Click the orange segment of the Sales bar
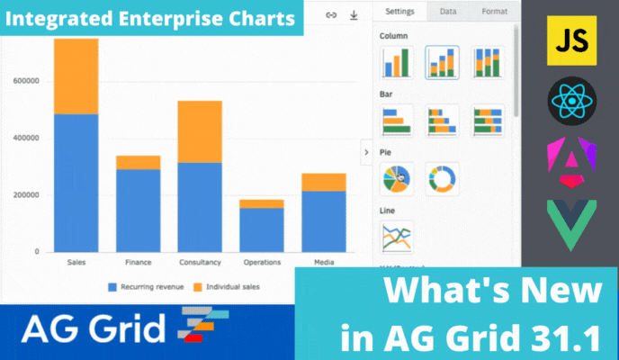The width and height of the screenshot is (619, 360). click(76, 76)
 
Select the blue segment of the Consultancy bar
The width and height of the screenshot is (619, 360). click(200, 207)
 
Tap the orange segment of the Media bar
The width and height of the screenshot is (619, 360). click(324, 183)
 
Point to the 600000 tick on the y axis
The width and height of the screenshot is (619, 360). click(26, 81)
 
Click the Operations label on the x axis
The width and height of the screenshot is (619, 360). click(262, 262)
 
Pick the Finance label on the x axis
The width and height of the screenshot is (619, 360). click(139, 262)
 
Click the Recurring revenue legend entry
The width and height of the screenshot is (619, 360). click(146, 287)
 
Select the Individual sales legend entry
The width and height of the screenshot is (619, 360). click(227, 287)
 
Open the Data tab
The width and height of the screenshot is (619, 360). click(448, 12)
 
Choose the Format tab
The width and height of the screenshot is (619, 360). click(494, 12)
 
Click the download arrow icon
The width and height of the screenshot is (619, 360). click(354, 15)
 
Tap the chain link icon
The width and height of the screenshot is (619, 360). click(331, 15)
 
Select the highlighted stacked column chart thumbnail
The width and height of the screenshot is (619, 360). click(442, 63)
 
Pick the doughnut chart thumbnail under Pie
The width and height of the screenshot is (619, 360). click(442, 179)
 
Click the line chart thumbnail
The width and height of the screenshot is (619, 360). click(397, 238)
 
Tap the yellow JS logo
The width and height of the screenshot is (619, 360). click(571, 40)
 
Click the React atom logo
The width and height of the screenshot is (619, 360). click(572, 101)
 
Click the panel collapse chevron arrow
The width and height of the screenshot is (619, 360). click(366, 152)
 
